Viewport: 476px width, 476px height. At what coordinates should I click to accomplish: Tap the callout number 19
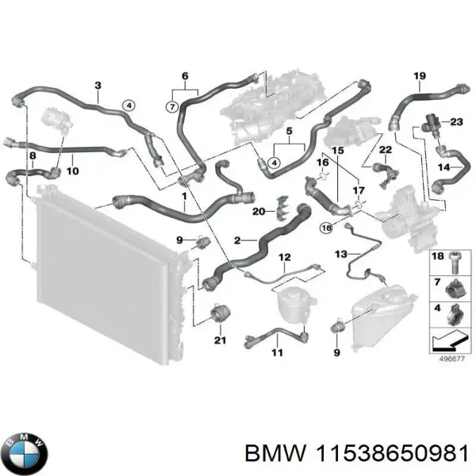pyautogui.click(x=420, y=76)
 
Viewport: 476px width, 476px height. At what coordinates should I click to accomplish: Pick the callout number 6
pyautogui.click(x=185, y=76)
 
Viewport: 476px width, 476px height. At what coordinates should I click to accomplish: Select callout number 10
pyautogui.click(x=71, y=170)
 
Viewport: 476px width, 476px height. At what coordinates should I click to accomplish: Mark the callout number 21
pyautogui.click(x=220, y=341)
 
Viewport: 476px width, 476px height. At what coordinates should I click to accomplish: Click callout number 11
pyautogui.click(x=277, y=351)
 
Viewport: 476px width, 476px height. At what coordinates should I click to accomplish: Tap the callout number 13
pyautogui.click(x=341, y=254)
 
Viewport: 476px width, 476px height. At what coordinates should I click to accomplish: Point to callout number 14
pyautogui.click(x=445, y=167)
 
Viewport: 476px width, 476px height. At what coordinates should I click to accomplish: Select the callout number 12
pyautogui.click(x=284, y=256)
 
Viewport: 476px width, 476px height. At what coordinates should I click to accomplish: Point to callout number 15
pyautogui.click(x=337, y=150)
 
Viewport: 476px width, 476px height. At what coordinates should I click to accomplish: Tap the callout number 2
pyautogui.click(x=236, y=240)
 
